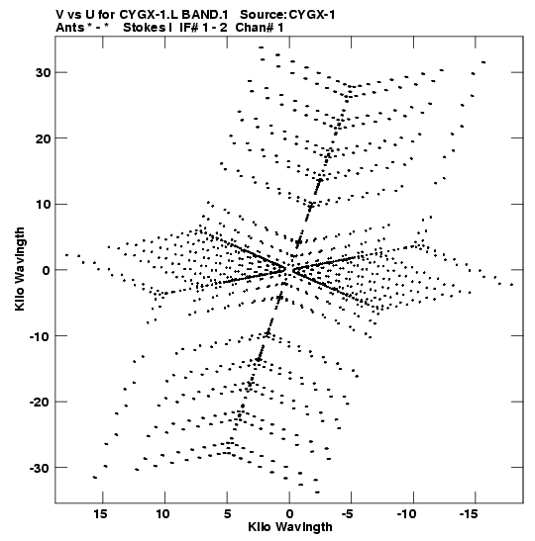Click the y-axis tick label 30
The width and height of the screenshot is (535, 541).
pyautogui.click(x=43, y=73)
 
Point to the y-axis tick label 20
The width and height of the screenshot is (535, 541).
pyautogui.click(x=43, y=138)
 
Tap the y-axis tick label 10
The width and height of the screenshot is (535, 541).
pyautogui.click(x=43, y=205)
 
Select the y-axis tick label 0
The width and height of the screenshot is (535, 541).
pyautogui.click(x=47, y=270)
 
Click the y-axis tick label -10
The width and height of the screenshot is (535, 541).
pyautogui.click(x=40, y=336)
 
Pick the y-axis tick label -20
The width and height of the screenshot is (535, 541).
pyautogui.click(x=40, y=403)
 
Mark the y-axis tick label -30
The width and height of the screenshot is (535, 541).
pyautogui.click(x=40, y=468)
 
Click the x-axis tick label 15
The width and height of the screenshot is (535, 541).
pyautogui.click(x=100, y=514)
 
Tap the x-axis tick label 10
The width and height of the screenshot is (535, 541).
pyautogui.click(x=162, y=514)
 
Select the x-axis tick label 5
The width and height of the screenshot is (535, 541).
pyautogui.click(x=227, y=514)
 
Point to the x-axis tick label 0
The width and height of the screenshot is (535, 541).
pyautogui.click(x=289, y=514)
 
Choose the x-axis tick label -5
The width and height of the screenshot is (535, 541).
pyautogui.click(x=348, y=514)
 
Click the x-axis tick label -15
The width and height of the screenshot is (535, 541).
pyautogui.click(x=469, y=514)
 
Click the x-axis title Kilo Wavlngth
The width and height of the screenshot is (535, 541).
pyautogui.click(x=290, y=527)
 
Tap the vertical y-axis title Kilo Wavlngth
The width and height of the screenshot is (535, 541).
pyautogui.click(x=20, y=269)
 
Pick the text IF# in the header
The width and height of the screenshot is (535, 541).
pyautogui.click(x=189, y=28)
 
